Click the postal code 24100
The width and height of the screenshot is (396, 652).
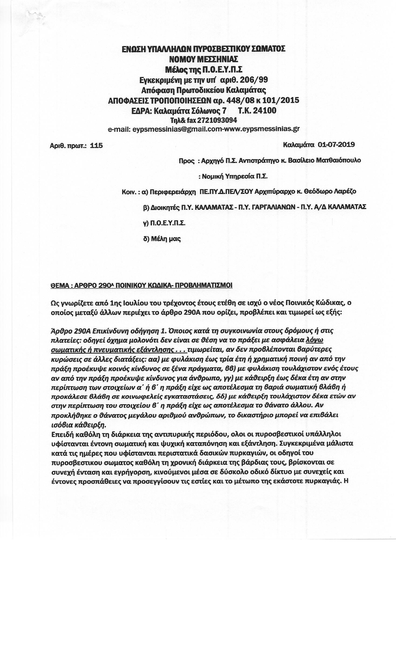pos(264,111)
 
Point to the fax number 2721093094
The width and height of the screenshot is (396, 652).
pos(217,120)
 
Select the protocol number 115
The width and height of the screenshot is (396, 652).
pos(96,146)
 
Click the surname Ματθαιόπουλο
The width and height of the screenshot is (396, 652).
pos(338,160)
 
